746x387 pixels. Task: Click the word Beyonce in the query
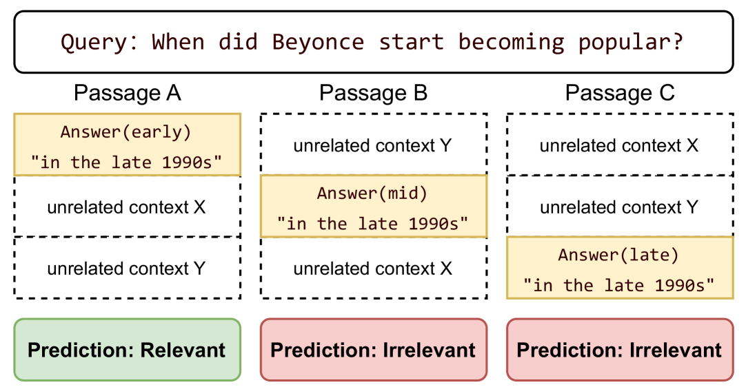pyautogui.click(x=318, y=42)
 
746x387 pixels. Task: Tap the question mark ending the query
pyautogui.click(x=677, y=41)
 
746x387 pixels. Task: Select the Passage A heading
pyautogui.click(x=128, y=93)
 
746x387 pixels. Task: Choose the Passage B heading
pyautogui.click(x=374, y=93)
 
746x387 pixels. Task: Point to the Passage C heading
pyautogui.click(x=620, y=93)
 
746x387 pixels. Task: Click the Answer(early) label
pyautogui.click(x=125, y=132)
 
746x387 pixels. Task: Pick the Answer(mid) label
pyautogui.click(x=372, y=193)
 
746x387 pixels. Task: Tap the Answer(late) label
pyautogui.click(x=618, y=255)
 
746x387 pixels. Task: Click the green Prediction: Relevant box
pyautogui.click(x=127, y=349)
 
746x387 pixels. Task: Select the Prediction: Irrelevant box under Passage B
pyautogui.click(x=374, y=349)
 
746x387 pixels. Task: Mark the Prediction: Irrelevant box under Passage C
pyautogui.click(x=620, y=349)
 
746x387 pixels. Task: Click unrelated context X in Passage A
pyautogui.click(x=127, y=207)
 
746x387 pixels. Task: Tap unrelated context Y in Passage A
pyautogui.click(x=127, y=269)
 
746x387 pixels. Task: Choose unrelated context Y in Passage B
pyautogui.click(x=372, y=145)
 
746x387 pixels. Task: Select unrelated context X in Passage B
pyautogui.click(x=372, y=269)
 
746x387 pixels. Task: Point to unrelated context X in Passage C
pyautogui.click(x=619, y=145)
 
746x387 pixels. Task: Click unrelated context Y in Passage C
pyautogui.click(x=619, y=207)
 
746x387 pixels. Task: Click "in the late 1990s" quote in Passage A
pyautogui.click(x=126, y=163)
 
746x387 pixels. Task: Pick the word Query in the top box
pyautogui.click(x=94, y=42)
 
